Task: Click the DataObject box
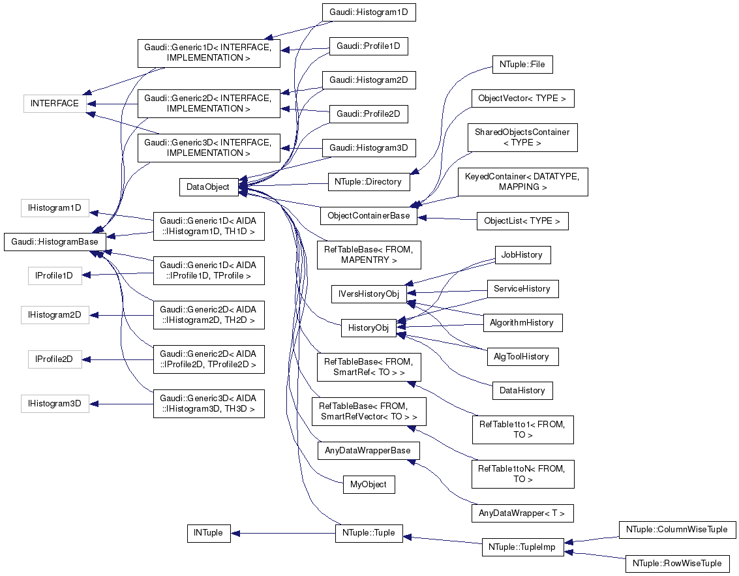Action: click(x=207, y=187)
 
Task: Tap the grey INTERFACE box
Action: click(x=54, y=104)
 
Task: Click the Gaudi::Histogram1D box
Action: click(x=369, y=12)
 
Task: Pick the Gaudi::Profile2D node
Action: click(x=369, y=114)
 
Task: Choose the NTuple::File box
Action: click(x=522, y=65)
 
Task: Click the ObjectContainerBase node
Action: click(x=369, y=216)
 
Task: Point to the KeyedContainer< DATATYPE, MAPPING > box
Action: click(x=522, y=182)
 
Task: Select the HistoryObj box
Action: click(x=369, y=328)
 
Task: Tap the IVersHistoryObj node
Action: click(x=369, y=294)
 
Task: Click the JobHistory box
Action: click(x=522, y=255)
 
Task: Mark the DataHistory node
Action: click(x=522, y=391)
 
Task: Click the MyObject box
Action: click(x=369, y=485)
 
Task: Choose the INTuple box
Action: click(x=207, y=533)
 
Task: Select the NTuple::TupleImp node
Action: click(x=522, y=547)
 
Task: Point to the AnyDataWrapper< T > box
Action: click(x=522, y=513)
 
